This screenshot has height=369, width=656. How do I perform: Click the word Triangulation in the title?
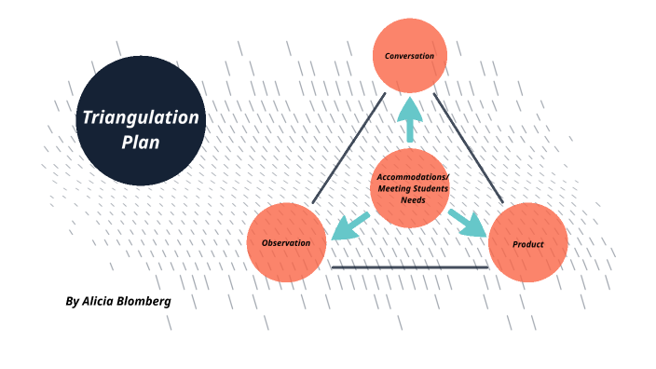(140, 118)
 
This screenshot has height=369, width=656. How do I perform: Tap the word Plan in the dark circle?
(141, 143)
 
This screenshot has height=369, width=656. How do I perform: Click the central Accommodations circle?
(411, 187)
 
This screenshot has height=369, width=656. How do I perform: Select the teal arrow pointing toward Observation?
(348, 225)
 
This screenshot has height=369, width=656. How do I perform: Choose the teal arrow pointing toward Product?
(468, 224)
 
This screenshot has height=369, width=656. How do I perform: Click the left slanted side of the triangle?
(348, 148)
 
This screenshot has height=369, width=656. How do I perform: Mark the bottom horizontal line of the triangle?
(410, 267)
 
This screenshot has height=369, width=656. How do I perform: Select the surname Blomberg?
(145, 301)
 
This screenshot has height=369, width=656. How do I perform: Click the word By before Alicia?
(73, 301)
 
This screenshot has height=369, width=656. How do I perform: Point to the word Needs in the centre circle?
(411, 199)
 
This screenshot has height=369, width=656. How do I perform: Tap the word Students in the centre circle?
(430, 188)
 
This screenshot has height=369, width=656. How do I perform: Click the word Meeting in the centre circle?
(391, 188)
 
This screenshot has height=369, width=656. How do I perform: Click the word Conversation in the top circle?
(410, 56)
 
